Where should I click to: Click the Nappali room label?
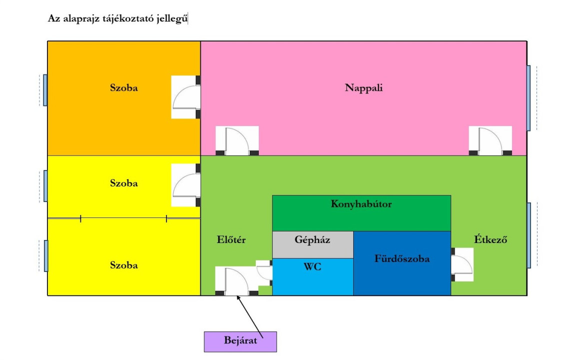pos(364,88)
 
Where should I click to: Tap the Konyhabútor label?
pos(361,204)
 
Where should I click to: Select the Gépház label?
pos(312,239)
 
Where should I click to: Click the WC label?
pos(312,267)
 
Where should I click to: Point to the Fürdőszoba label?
pos(402,259)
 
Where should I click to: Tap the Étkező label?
pos(491,239)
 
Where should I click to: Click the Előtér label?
pos(231,239)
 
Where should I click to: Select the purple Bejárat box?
pos(240,341)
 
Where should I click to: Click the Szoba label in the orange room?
pos(124,88)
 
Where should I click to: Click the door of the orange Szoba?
pos(186,97)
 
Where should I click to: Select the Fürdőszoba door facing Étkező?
pos(462,264)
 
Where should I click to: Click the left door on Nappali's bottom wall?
pos(237,140)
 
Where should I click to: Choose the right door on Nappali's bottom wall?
pos(490,140)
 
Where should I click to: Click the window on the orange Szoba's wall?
pos(45,90)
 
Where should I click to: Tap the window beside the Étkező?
pos(529,235)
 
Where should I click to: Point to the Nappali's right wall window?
pos(529,98)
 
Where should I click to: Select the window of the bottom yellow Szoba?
pos(45,256)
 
